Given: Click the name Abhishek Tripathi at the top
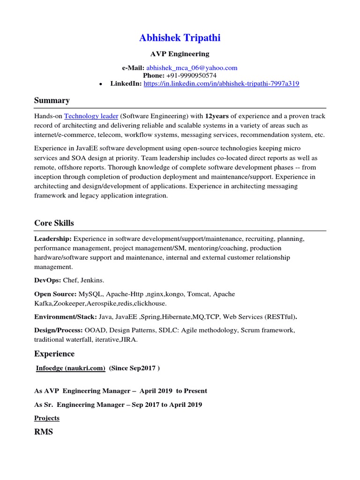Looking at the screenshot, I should (x=180, y=38).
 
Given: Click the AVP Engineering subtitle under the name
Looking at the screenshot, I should (x=180, y=54).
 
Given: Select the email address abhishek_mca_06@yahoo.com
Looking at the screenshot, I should (x=192, y=68).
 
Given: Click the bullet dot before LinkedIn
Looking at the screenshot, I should (x=101, y=84).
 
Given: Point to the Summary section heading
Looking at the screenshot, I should (x=52, y=100).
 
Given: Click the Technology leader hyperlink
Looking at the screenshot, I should (x=91, y=116).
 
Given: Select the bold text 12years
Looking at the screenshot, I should (x=217, y=116).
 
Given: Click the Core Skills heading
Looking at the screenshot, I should (x=54, y=223).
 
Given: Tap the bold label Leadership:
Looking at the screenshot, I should (x=53, y=239).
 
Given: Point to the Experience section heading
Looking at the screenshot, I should (x=54, y=353).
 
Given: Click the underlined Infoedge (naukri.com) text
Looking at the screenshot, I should (x=71, y=368).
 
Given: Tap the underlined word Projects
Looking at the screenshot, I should (x=47, y=418).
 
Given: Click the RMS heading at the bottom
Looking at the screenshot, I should (x=44, y=432).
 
